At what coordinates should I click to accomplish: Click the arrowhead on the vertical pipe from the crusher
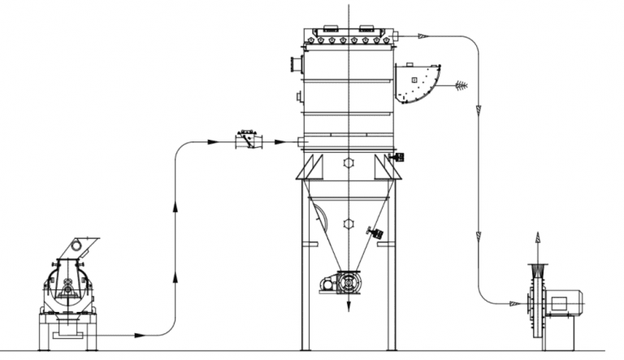click(176, 209)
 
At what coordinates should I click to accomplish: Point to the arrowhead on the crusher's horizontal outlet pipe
click(140, 335)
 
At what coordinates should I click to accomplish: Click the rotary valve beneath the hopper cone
click(349, 283)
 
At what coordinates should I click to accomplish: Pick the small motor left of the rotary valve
click(328, 283)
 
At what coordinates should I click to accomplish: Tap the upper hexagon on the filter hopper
click(349, 163)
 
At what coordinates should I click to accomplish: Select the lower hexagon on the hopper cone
click(349, 223)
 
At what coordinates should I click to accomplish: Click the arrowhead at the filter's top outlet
click(422, 35)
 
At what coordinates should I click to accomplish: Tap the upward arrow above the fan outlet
click(536, 238)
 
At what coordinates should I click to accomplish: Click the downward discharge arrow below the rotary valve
click(349, 306)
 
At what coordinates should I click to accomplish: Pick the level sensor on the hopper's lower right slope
click(376, 232)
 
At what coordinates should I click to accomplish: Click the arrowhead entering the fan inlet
click(514, 304)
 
